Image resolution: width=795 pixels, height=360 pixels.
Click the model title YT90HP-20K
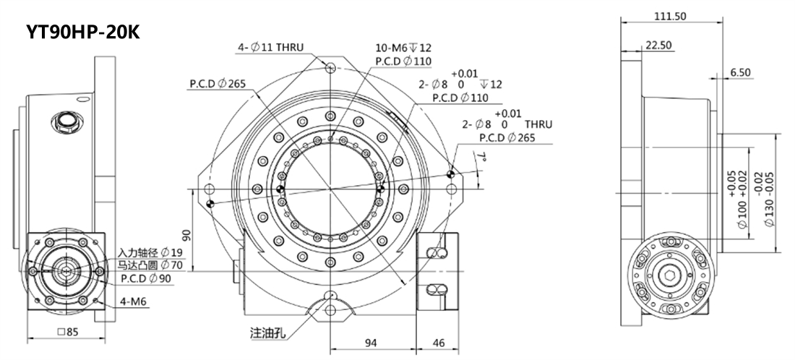point(83,32)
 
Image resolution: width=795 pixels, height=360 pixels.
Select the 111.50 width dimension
point(670,16)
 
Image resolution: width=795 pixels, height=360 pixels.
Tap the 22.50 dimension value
point(658,45)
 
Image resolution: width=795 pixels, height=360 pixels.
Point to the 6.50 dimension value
point(741,72)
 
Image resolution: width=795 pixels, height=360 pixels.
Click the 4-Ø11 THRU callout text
point(271,48)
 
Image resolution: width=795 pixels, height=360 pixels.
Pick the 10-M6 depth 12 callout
point(403,48)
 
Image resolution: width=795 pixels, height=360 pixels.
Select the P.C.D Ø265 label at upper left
point(218,84)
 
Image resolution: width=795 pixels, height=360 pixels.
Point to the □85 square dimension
point(68,333)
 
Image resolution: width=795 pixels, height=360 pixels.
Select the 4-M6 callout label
point(134,302)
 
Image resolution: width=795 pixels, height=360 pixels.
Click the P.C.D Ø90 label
point(146,278)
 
